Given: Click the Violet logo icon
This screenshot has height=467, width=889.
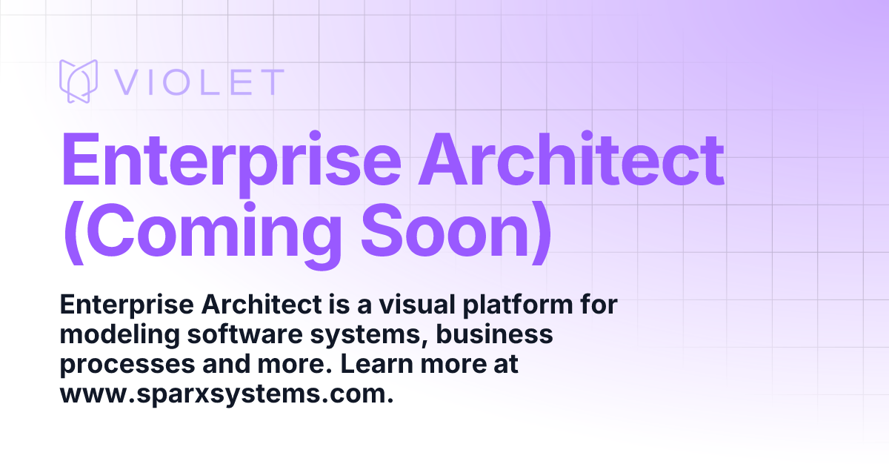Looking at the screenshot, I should [x=79, y=82].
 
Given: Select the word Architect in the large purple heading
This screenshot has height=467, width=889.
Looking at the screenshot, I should [x=571, y=162].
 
